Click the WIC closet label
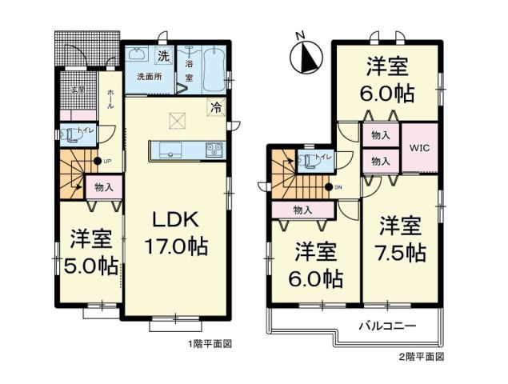click(x=418, y=147)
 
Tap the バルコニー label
click(x=386, y=326)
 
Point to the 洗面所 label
click(x=148, y=77)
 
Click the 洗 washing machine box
click(x=163, y=56)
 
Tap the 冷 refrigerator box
click(x=215, y=105)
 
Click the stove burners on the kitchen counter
click(x=214, y=149)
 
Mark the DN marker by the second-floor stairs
click(x=332, y=188)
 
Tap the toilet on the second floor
click(x=309, y=160)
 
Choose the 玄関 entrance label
click(x=77, y=90)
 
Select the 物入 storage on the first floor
click(x=103, y=188)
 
